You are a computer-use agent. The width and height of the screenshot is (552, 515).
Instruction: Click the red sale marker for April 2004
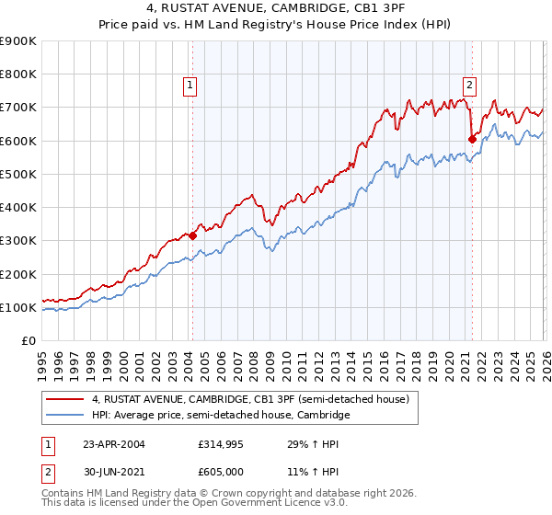point(193,235)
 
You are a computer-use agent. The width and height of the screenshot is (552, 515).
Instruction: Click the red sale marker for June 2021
point(472,139)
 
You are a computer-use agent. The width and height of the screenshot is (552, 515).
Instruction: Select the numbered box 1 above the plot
point(190,86)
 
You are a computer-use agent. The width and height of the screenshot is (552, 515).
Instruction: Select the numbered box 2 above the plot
point(469,86)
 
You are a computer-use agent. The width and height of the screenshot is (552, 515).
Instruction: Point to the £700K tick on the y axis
point(20,108)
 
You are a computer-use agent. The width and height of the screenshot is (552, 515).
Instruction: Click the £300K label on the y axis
point(20,241)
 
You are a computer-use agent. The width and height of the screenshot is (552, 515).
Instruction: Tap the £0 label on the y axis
point(29,341)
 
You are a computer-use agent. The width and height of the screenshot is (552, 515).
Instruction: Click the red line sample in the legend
point(64,399)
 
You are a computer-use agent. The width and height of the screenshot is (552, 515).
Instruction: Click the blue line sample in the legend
point(64,416)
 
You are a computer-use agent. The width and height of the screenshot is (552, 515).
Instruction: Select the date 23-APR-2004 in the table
point(114,444)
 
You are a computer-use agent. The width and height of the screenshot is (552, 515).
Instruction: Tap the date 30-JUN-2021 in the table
point(114,472)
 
